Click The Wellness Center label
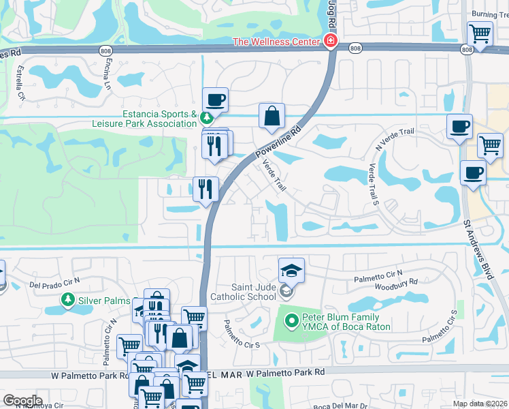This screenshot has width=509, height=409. point(276,42)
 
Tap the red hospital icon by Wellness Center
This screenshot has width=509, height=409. point(330,42)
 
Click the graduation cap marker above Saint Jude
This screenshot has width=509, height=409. point(291,270)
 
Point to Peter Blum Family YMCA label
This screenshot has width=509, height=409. point(347,321)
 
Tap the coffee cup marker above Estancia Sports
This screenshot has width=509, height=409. point(215,101)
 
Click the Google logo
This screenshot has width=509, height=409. point(22,401)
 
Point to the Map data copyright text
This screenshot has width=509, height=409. point(480,404)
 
